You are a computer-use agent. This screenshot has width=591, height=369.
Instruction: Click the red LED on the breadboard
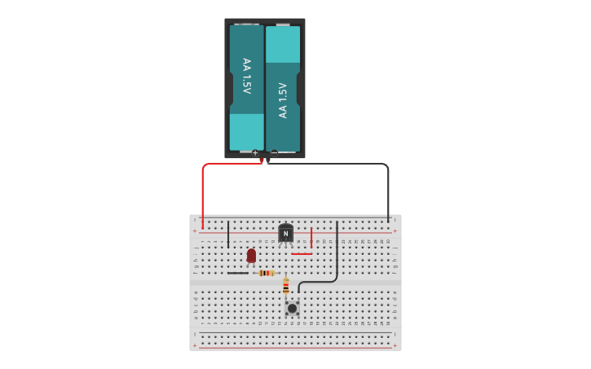tap(251, 256)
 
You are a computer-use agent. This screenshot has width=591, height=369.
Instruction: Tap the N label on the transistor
tap(285, 234)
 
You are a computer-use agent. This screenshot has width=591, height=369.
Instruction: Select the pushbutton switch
tap(292, 308)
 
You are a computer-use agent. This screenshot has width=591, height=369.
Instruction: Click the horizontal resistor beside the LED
tap(266, 273)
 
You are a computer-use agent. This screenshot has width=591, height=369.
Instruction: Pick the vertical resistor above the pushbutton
tap(285, 286)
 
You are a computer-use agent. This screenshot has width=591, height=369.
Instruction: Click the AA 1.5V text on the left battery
tap(246, 76)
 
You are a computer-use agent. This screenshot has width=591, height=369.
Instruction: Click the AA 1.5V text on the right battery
tap(283, 100)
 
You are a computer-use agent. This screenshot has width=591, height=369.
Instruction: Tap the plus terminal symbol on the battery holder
tap(255, 153)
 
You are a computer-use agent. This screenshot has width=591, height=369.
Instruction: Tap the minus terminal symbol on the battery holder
tap(274, 153)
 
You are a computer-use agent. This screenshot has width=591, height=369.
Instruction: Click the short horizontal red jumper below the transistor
tap(302, 254)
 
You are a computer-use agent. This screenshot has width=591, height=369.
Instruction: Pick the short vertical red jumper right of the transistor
tap(311, 237)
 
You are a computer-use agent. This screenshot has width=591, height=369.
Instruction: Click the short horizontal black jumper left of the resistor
tap(238, 273)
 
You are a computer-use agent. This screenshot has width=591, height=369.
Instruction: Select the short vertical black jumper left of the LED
tap(228, 234)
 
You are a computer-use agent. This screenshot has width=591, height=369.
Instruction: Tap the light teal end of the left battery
tap(246, 131)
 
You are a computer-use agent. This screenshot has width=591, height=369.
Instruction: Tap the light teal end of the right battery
tap(283, 44)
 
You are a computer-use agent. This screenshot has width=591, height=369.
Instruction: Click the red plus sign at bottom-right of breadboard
tap(395, 345)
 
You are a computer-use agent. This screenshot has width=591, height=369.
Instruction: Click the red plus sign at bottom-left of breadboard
tap(195, 345)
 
